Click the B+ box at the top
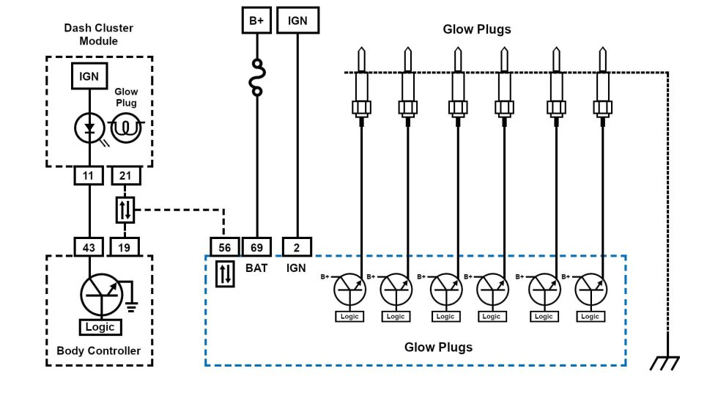(x=256, y=21)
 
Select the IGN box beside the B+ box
(x=297, y=21)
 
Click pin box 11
(x=89, y=176)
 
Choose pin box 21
(x=125, y=176)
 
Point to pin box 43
(x=89, y=247)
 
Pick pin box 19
(x=125, y=247)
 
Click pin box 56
(x=225, y=247)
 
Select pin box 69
(x=256, y=247)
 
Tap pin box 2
(x=297, y=247)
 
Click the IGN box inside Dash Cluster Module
(x=89, y=76)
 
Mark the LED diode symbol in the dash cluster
(x=89, y=128)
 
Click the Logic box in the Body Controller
(x=100, y=327)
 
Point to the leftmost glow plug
(x=361, y=84)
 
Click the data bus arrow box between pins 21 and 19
(x=125, y=211)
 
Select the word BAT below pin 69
(x=256, y=268)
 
